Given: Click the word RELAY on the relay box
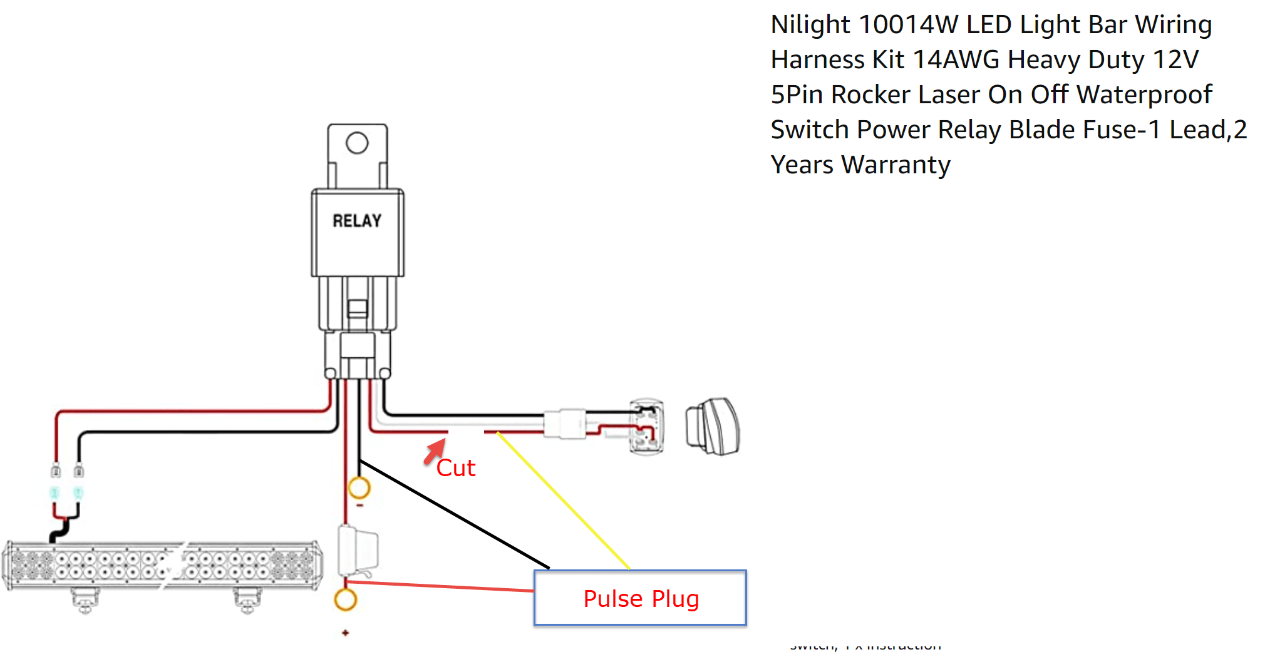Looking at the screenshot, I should tap(357, 221).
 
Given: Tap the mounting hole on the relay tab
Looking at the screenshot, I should tap(357, 143).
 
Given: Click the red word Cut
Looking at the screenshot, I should tap(456, 468).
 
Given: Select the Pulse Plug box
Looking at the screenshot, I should tap(640, 598).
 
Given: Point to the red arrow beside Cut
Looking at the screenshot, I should tap(435, 451).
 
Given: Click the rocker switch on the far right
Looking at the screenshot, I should tap(714, 427).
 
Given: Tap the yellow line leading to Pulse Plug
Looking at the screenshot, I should tap(564, 501).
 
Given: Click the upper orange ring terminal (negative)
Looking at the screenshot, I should tap(359, 487).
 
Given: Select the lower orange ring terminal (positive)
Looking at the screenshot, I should tap(345, 599).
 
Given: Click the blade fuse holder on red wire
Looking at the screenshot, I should tap(358, 551).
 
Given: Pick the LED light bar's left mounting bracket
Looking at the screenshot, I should tap(85, 599).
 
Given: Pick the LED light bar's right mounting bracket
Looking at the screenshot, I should tap(247, 599).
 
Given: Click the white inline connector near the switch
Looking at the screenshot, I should tap(565, 424).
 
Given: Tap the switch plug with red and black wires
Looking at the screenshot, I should tap(646, 427).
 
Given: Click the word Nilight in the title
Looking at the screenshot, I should tap(811, 25).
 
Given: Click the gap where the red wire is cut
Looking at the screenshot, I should tap(466, 432).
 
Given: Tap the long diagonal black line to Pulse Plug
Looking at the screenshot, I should tap(454, 514).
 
